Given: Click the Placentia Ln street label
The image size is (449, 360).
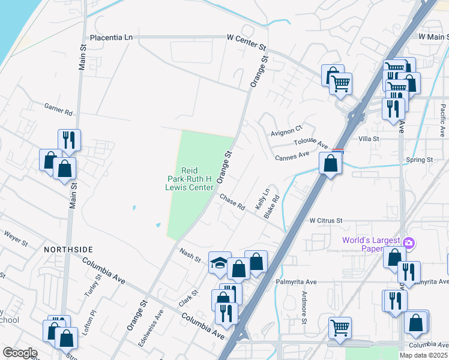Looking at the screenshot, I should click(x=111, y=37).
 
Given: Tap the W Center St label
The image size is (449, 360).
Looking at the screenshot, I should click(x=246, y=37).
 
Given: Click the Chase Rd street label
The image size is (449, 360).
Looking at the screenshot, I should click(x=232, y=202).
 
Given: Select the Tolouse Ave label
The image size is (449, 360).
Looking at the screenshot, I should click(x=310, y=144).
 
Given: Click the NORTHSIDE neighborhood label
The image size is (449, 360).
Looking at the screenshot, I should click(x=68, y=248).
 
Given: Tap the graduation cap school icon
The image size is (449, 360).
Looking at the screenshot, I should click(x=220, y=262).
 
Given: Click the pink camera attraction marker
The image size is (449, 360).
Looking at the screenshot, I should click(x=409, y=242).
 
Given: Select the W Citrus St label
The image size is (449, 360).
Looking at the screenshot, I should click(x=325, y=220).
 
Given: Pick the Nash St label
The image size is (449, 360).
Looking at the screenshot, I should click(x=190, y=254).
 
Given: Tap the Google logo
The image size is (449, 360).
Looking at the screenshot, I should click(x=19, y=353).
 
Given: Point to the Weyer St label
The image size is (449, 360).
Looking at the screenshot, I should click(x=16, y=238).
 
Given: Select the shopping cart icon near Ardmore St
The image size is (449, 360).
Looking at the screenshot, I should click(x=340, y=328).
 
